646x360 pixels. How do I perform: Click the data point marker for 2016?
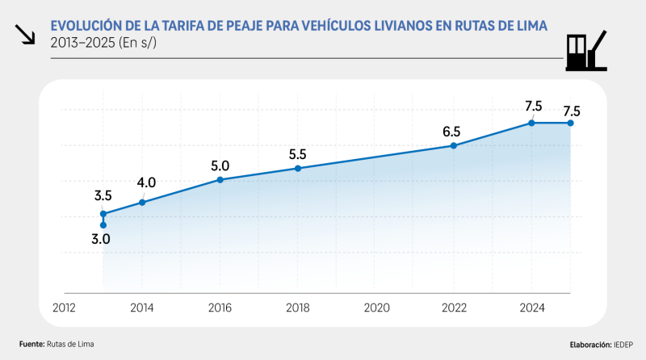[220, 179]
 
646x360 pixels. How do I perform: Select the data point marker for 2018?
[298, 168]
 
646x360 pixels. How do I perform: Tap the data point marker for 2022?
[454, 145]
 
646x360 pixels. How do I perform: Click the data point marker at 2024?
[531, 123]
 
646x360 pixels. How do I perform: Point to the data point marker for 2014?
[143, 202]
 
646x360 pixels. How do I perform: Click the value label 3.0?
[101, 239]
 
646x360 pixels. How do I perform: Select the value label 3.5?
[103, 195]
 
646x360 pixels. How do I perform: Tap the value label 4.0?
[146, 182]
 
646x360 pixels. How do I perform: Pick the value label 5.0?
[220, 165]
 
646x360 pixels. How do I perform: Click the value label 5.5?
[298, 153]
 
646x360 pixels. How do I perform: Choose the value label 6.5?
[451, 132]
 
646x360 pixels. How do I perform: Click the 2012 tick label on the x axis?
[65, 308]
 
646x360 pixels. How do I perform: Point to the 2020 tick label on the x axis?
[376, 308]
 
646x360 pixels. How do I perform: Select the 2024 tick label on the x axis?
[532, 308]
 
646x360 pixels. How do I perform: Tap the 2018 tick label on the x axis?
[298, 308]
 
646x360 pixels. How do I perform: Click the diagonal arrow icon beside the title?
[25, 34]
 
